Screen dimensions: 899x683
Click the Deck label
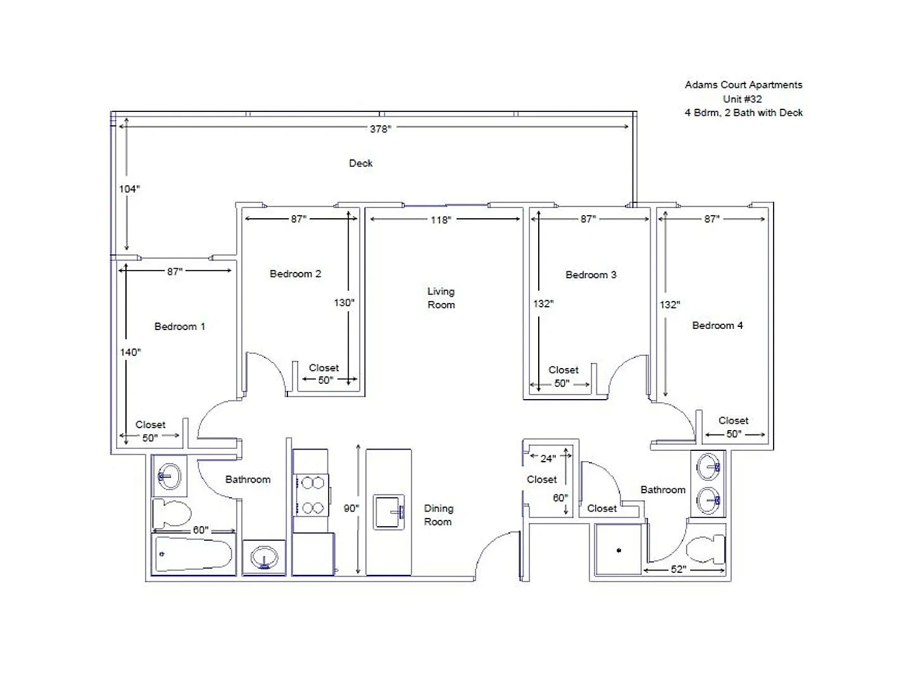[x=360, y=163]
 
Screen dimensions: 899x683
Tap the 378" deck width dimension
[x=380, y=129]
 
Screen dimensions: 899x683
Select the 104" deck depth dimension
[x=129, y=189]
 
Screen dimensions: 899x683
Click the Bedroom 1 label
[x=179, y=326]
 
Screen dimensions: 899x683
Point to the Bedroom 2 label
[x=295, y=274]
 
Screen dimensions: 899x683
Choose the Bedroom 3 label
[x=591, y=274]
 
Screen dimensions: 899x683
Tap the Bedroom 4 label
[x=717, y=325]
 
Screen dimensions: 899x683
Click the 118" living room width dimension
[x=441, y=220]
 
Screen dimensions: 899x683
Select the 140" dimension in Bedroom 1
[x=130, y=352]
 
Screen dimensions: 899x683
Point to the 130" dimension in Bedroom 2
[x=344, y=303]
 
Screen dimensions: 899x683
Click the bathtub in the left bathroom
[x=193, y=554]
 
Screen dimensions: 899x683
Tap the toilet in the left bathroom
[x=172, y=513]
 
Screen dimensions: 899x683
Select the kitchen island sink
[x=389, y=512]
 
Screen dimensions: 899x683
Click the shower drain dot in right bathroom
[x=619, y=550]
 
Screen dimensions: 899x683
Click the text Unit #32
[x=742, y=99]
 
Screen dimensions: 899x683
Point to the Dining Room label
[x=438, y=515]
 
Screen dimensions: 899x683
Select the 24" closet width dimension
[x=548, y=458]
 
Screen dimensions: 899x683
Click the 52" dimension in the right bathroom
[x=678, y=569]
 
